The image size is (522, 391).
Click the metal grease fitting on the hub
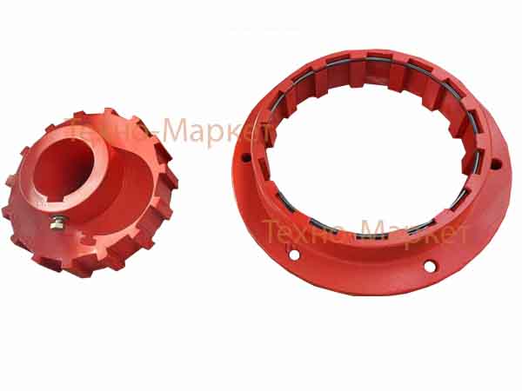(58, 222)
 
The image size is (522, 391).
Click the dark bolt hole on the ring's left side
(245, 157)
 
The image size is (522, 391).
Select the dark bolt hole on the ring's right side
(496, 164)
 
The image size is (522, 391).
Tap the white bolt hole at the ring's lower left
(294, 255)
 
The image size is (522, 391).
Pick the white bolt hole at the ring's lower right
(430, 267)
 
